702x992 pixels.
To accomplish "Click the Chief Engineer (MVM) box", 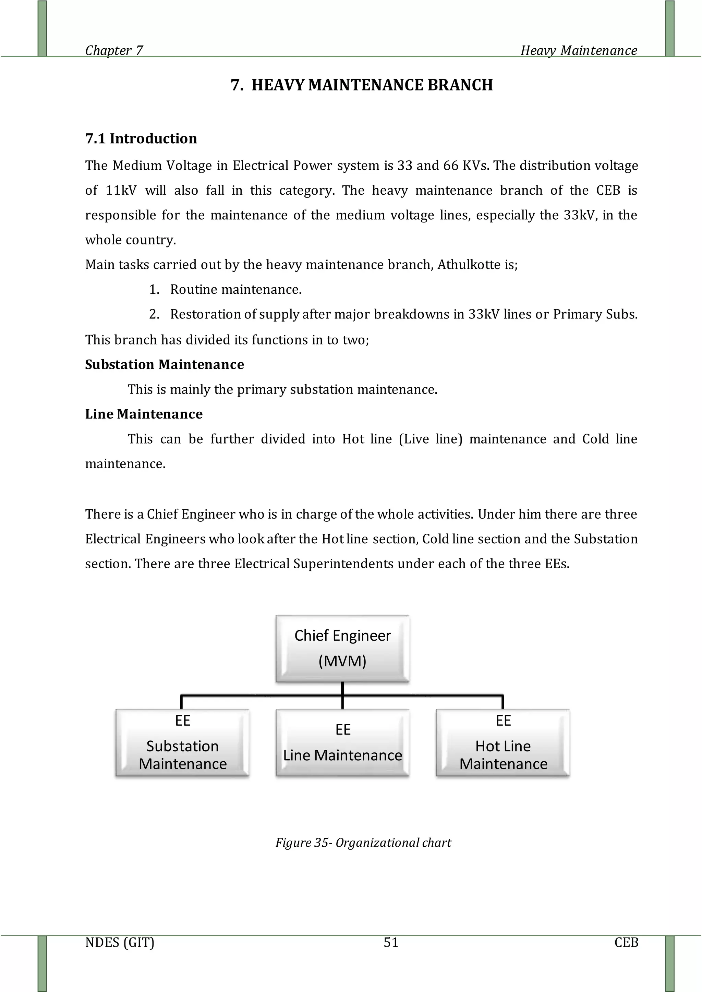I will pyautogui.click(x=342, y=649).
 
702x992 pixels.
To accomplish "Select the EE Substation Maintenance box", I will pyautogui.click(x=182, y=742).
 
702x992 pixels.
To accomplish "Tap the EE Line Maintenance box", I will pyautogui.click(x=342, y=742).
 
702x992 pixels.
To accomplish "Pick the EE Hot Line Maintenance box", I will pyautogui.click(x=503, y=742).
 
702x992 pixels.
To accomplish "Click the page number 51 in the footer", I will pyautogui.click(x=391, y=942).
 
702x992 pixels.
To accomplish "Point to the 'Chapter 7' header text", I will pyautogui.click(x=114, y=51).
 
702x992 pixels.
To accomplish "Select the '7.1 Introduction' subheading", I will pyautogui.click(x=141, y=139).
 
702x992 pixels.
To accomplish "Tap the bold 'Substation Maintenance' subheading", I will pyautogui.click(x=164, y=364).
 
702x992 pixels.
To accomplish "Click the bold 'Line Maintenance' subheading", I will pyautogui.click(x=144, y=414).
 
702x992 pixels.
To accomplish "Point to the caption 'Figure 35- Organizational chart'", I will pyautogui.click(x=363, y=843).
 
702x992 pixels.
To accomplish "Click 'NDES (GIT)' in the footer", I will pyautogui.click(x=120, y=942).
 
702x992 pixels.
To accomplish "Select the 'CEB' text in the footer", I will pyautogui.click(x=626, y=942).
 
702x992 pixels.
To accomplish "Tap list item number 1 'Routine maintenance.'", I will pyautogui.click(x=235, y=290).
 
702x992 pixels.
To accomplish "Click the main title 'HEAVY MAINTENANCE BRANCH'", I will pyautogui.click(x=372, y=85).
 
